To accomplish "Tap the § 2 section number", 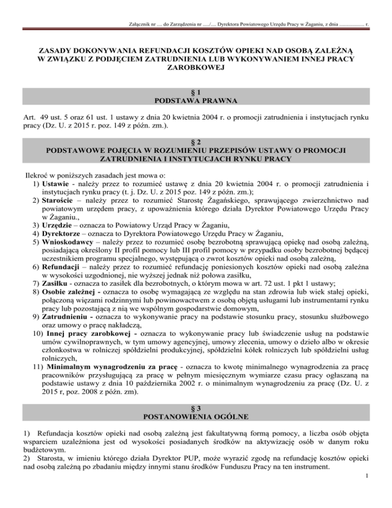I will [x=196, y=141].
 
